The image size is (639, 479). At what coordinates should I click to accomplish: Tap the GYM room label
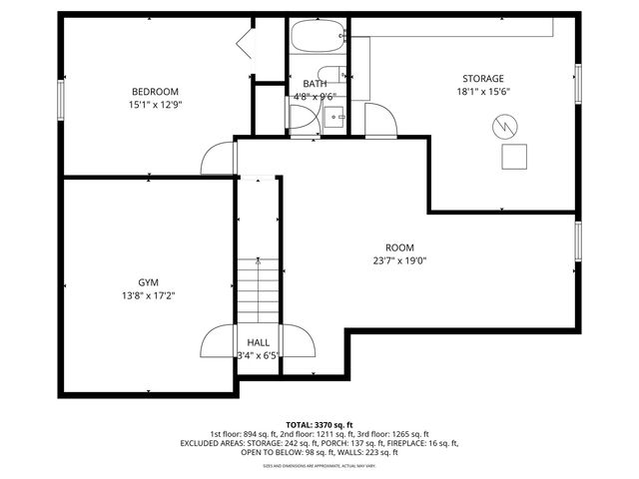(x=149, y=282)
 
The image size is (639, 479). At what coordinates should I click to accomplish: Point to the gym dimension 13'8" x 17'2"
(x=149, y=295)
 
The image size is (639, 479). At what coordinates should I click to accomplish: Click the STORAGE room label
(x=482, y=79)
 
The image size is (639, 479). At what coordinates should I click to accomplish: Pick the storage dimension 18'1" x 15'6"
(x=482, y=91)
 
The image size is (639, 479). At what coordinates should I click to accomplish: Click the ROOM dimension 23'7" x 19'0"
(x=399, y=261)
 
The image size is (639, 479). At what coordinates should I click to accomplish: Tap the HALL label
(x=258, y=342)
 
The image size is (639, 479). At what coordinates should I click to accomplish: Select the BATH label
(x=315, y=84)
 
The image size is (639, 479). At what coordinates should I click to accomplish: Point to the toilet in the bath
(x=301, y=116)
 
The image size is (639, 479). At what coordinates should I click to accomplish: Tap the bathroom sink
(x=336, y=115)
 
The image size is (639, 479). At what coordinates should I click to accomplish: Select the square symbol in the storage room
(x=514, y=157)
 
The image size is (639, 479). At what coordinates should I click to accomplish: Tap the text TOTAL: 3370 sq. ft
(x=319, y=424)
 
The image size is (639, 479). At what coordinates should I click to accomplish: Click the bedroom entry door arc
(x=217, y=155)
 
